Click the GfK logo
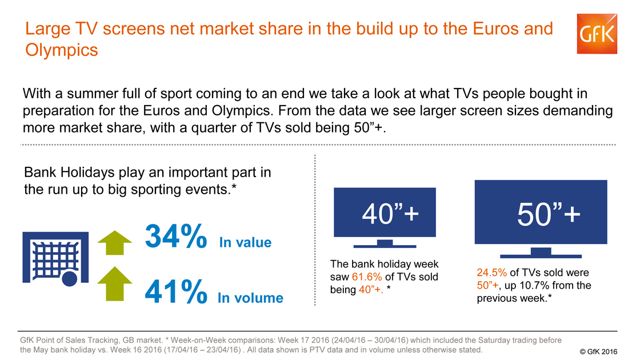click(597, 34)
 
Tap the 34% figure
click(176, 236)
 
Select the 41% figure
click(176, 291)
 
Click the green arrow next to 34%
click(115, 243)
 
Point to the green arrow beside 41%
click(115, 284)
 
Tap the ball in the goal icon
click(69, 279)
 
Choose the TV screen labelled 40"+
click(385, 212)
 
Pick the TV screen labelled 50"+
click(541, 212)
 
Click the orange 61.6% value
click(367, 277)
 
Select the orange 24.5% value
click(492, 272)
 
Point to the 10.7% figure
click(534, 285)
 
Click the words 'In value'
click(245, 242)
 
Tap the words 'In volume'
click(250, 298)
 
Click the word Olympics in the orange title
click(62, 51)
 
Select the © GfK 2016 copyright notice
click(598, 351)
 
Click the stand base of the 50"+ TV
click(541, 257)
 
